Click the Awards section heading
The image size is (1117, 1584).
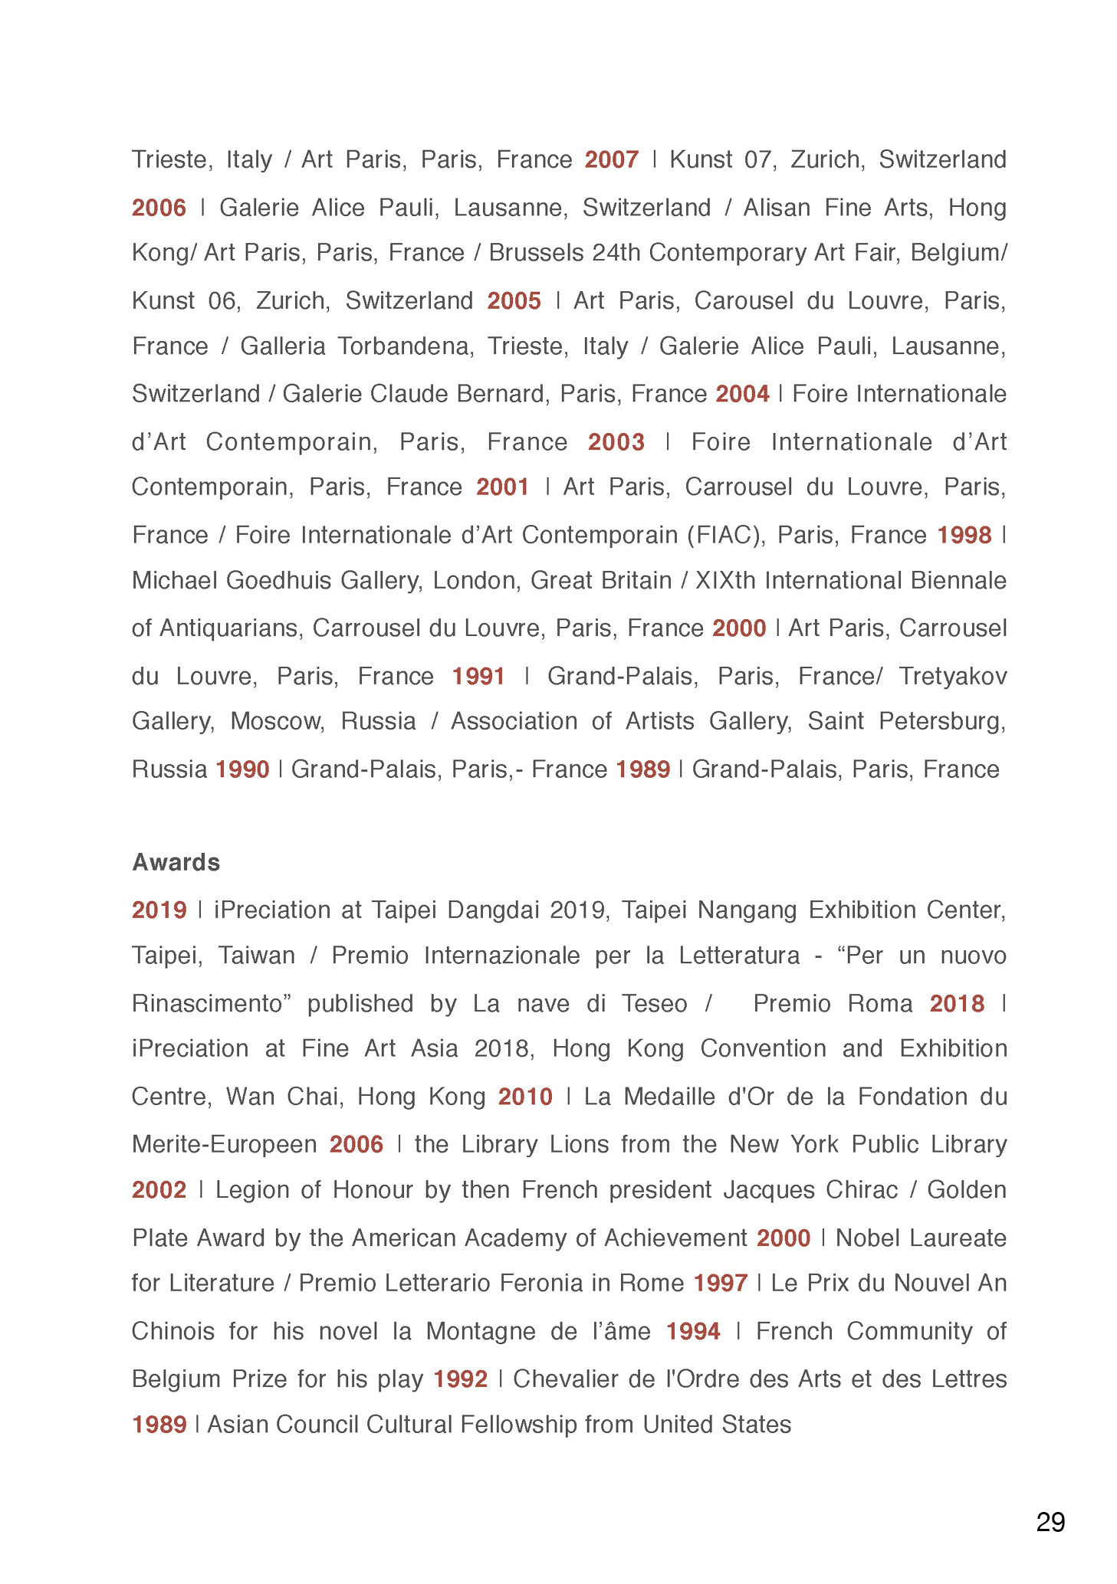pos(176,862)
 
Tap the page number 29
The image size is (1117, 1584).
pos(1050,1521)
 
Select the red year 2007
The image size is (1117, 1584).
pos(611,159)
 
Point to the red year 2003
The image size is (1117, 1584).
pos(616,442)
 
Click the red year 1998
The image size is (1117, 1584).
pos(964,535)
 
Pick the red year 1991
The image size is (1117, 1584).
pos(478,676)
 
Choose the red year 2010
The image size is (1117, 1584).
pos(525,1097)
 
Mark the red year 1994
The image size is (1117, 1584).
pos(692,1331)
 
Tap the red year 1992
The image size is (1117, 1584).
pos(460,1379)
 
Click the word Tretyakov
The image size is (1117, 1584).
pos(952,676)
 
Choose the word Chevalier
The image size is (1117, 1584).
pos(566,1379)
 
